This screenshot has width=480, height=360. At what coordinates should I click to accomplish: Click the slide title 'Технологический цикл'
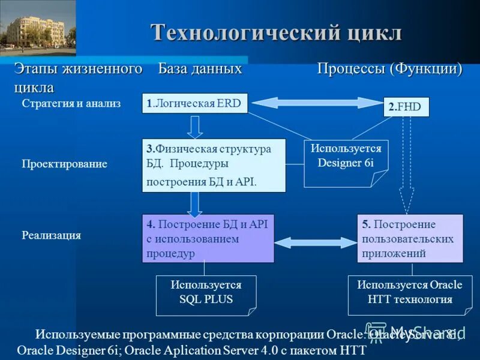(275, 32)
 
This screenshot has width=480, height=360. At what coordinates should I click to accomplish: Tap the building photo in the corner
(38, 28)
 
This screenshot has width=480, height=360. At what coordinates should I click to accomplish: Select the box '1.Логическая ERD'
(195, 104)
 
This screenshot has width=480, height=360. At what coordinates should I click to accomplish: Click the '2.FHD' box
(406, 107)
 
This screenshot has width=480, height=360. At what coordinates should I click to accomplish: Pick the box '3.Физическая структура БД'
(214, 165)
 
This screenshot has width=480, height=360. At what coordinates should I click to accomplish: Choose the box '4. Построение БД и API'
(208, 238)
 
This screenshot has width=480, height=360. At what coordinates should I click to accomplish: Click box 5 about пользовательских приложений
(410, 238)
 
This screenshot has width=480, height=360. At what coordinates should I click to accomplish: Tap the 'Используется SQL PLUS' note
(206, 293)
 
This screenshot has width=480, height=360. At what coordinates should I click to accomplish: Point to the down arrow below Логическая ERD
(195, 127)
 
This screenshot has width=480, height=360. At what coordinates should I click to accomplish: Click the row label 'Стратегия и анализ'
(71, 103)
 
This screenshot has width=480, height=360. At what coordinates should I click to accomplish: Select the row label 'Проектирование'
(64, 164)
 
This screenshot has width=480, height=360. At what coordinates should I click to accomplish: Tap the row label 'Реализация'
(51, 236)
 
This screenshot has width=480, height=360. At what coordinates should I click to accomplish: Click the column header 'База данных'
(200, 69)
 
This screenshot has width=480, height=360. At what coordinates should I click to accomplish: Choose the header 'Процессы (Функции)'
(389, 69)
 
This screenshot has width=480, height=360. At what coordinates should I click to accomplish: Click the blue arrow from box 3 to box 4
(194, 203)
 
